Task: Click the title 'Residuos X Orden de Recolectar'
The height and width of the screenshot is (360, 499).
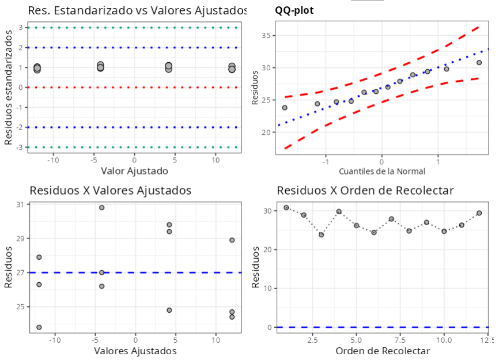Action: (x=365, y=191)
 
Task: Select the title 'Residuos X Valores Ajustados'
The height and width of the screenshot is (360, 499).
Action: (x=110, y=191)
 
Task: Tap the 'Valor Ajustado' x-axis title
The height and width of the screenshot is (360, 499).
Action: (x=134, y=170)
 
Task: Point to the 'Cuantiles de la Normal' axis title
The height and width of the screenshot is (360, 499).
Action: (x=382, y=171)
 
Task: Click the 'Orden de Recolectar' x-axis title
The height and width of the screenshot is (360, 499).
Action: (x=382, y=351)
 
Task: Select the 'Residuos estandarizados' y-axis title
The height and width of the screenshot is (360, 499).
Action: (x=8, y=88)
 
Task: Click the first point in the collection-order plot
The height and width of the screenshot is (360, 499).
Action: (x=286, y=207)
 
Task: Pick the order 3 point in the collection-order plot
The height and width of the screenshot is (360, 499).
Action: (x=322, y=235)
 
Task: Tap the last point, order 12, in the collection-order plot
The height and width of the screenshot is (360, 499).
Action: (x=479, y=213)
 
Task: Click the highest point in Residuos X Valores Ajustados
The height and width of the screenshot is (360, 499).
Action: (x=102, y=207)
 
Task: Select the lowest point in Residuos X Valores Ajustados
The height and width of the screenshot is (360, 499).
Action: (x=39, y=327)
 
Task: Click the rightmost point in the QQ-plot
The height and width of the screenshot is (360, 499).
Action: (x=479, y=63)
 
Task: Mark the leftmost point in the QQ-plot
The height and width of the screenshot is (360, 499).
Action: (x=285, y=108)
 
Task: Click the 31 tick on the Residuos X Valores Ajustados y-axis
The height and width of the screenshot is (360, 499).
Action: (x=21, y=204)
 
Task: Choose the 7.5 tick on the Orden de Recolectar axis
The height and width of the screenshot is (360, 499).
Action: (x=400, y=340)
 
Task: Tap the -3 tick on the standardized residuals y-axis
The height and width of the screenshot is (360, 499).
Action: (x=20, y=147)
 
